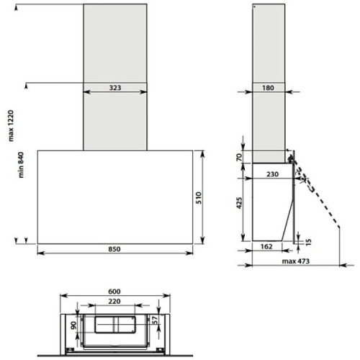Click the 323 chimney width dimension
115,88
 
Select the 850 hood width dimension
114,249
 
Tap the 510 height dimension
199,198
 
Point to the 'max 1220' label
11,126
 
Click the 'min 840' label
21,165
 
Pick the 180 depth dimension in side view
268,88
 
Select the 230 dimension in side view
272,174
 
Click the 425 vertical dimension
239,203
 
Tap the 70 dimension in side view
239,158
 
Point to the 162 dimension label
266,246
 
